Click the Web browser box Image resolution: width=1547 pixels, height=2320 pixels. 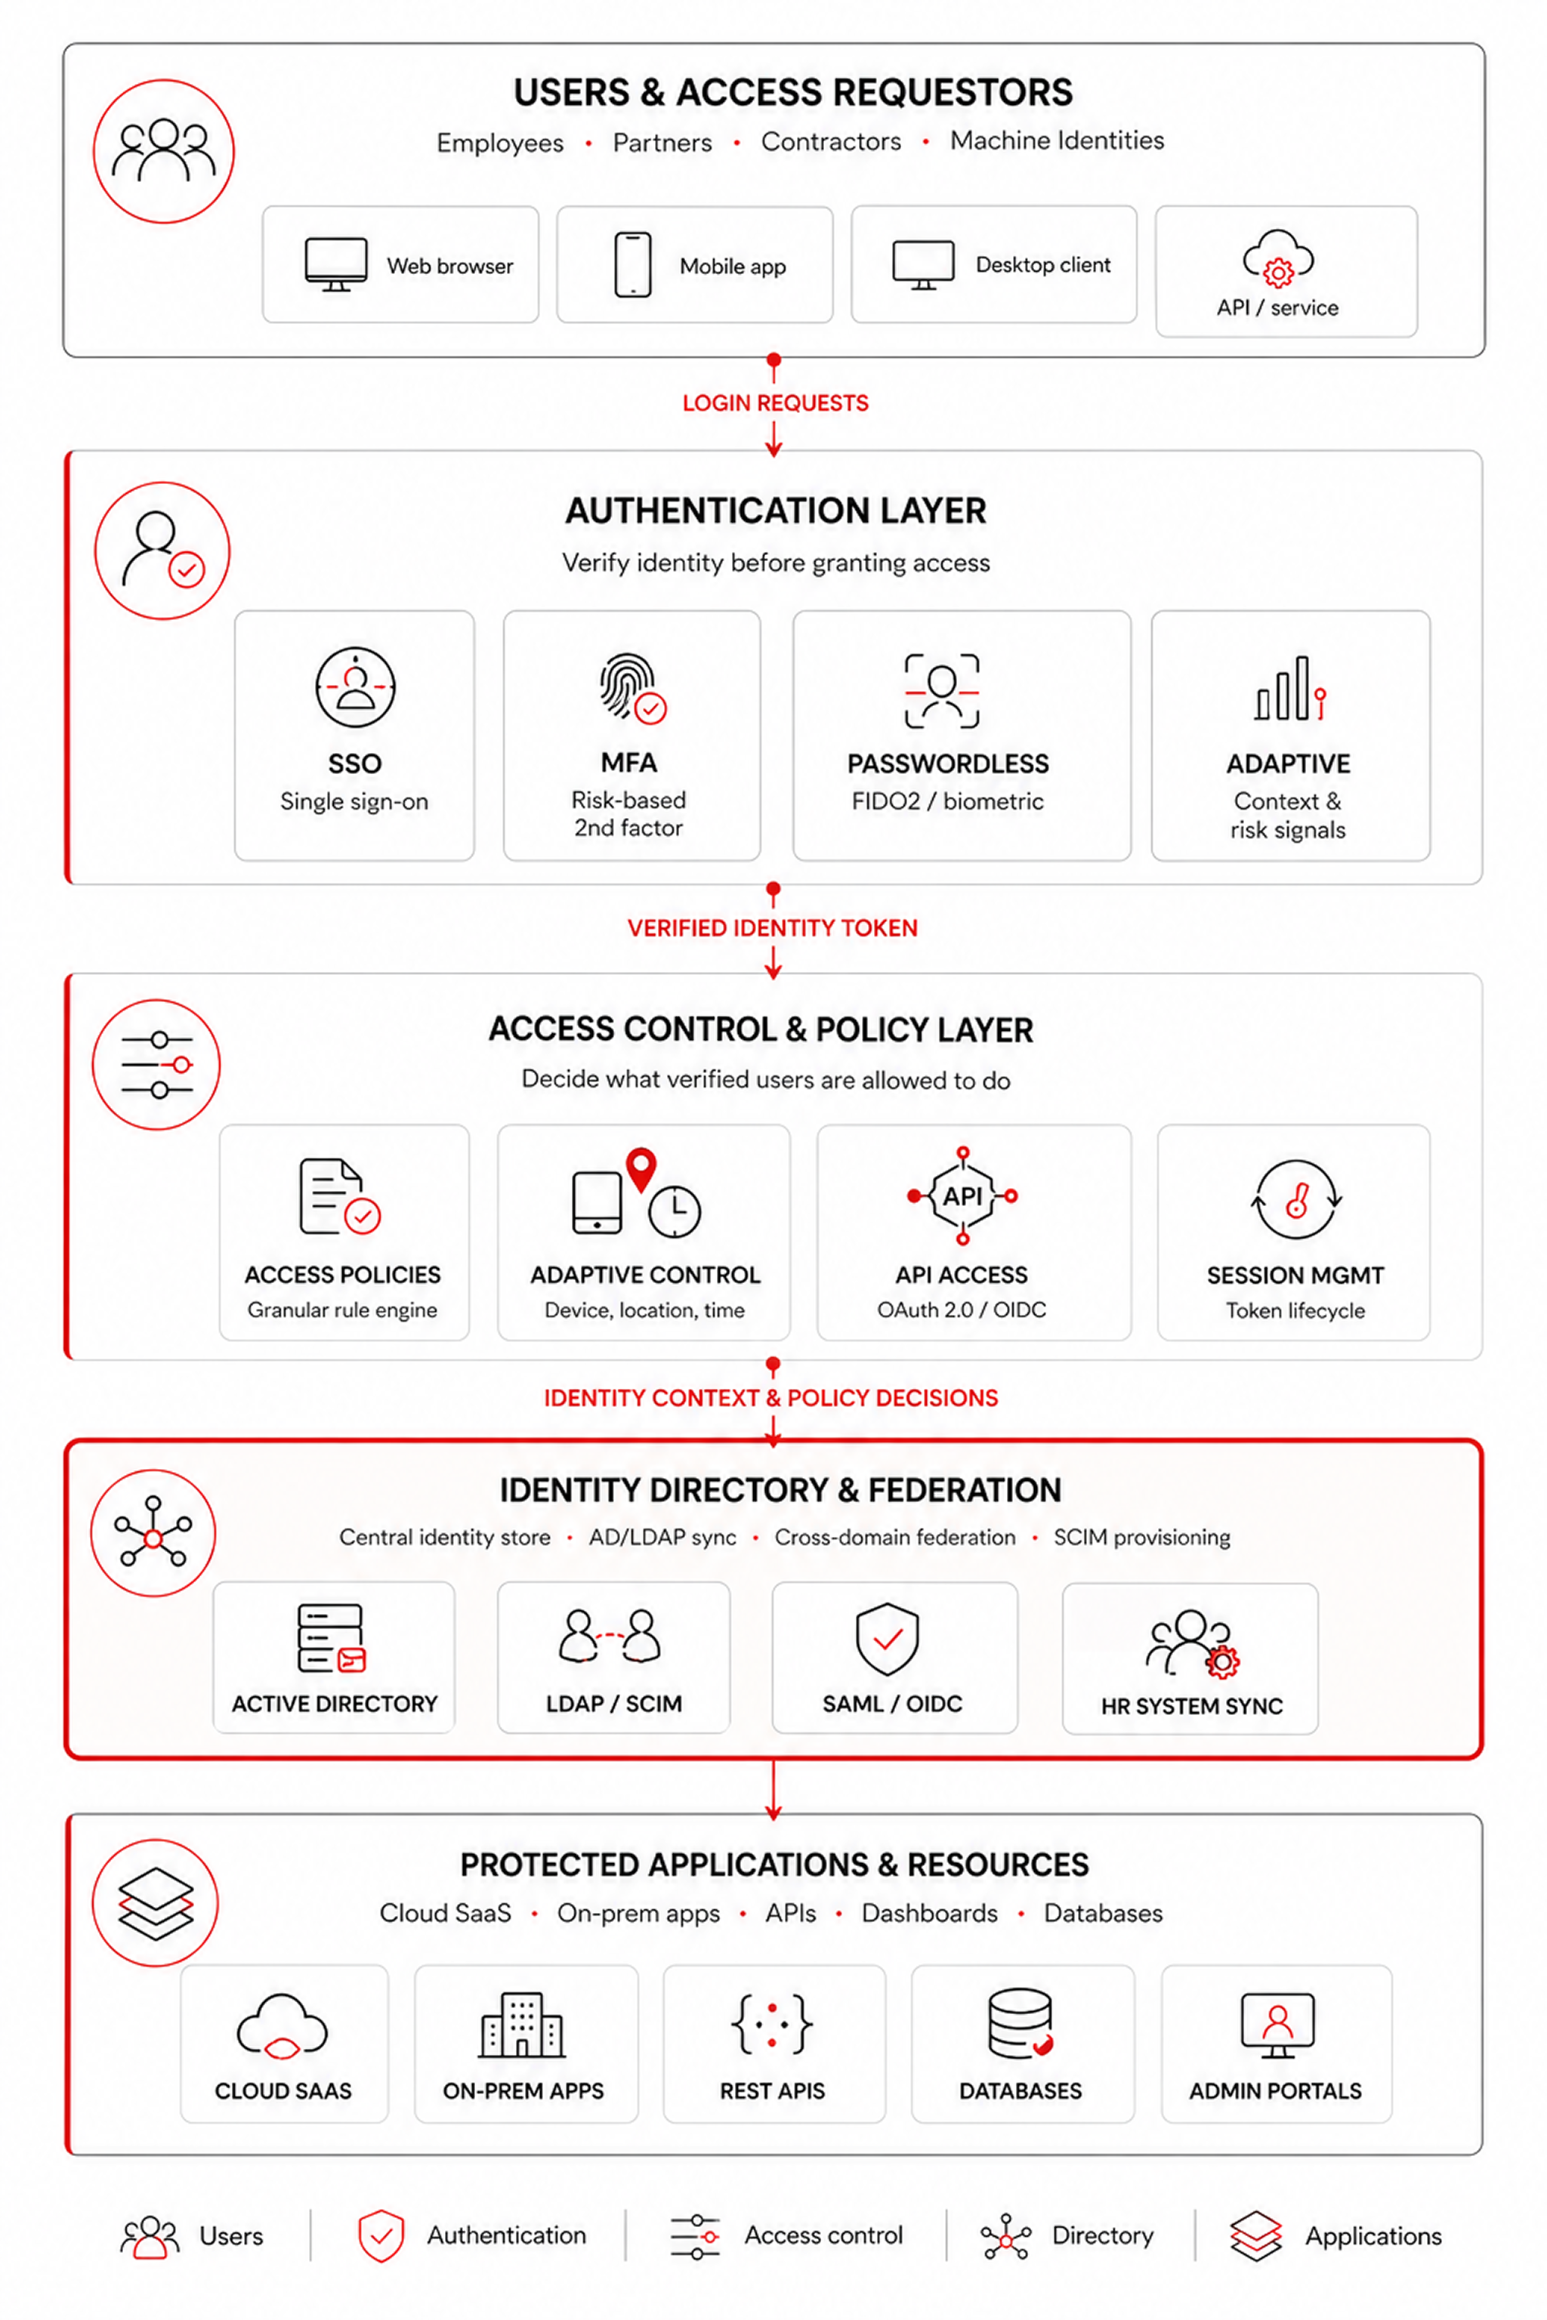[400, 264]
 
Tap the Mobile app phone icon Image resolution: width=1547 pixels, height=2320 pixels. [632, 264]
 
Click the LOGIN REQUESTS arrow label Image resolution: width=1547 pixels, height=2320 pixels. [776, 403]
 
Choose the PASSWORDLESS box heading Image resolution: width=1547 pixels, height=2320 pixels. [948, 764]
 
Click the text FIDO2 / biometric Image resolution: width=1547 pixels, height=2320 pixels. [947, 801]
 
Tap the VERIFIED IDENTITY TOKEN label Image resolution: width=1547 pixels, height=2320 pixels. [773, 928]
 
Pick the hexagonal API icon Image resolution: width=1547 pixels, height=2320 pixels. [962, 1195]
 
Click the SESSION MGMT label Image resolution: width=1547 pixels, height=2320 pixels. [1295, 1276]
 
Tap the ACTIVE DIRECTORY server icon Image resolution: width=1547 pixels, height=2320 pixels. [332, 1638]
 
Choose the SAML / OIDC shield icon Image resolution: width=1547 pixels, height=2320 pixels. [887, 1638]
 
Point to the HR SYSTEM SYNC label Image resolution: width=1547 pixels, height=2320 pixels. [1192, 1707]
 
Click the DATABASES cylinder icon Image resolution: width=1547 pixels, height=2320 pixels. [1021, 2023]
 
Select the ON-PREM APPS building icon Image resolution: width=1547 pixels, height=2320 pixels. [522, 2024]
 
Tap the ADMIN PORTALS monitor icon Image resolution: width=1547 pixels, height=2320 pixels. [1277, 2025]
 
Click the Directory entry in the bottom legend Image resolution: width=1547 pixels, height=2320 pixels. [1067, 2235]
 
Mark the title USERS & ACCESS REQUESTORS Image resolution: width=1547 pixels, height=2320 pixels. [793, 93]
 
